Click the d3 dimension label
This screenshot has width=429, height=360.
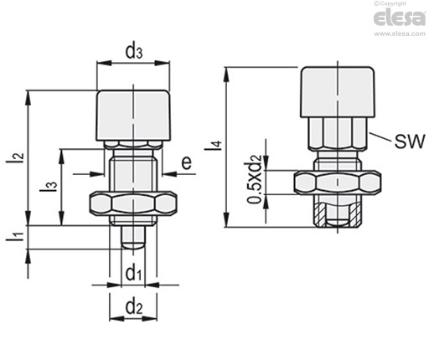134,52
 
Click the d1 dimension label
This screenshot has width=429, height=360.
134,274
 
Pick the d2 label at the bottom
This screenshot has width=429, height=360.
134,307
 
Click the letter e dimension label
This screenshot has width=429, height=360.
187,162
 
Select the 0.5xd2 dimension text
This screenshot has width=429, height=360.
255,179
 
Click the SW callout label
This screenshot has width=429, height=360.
410,141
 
